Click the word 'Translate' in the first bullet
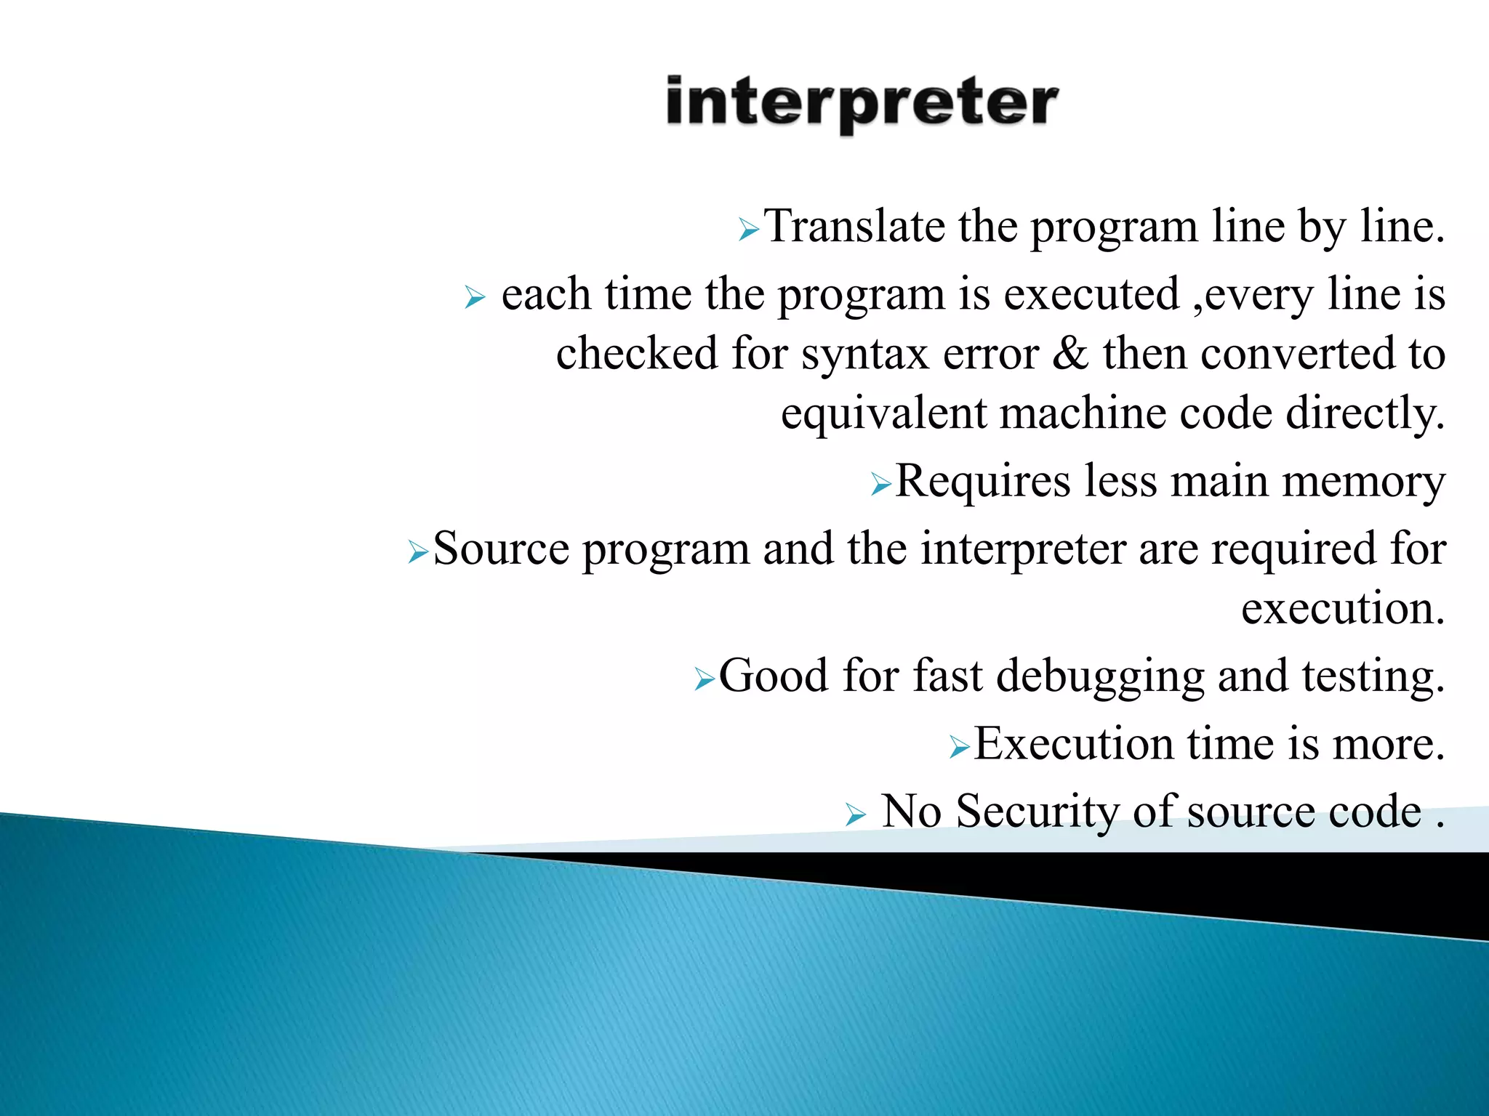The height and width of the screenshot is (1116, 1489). pyautogui.click(x=855, y=227)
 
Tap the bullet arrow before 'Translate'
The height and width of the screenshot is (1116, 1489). pyautogui.click(x=748, y=231)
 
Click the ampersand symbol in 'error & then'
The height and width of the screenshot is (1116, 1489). pyautogui.click(x=1070, y=354)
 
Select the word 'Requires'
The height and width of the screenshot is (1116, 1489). pyautogui.click(x=982, y=482)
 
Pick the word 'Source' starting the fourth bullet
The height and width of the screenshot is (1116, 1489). pyautogui.click(x=501, y=549)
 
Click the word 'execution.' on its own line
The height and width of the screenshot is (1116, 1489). pyautogui.click(x=1342, y=609)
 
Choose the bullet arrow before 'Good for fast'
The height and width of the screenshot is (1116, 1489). pyautogui.click(x=704, y=680)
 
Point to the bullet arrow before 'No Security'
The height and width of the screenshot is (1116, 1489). pyautogui.click(x=856, y=815)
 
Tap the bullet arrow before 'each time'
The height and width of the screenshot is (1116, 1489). pyautogui.click(x=474, y=298)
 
